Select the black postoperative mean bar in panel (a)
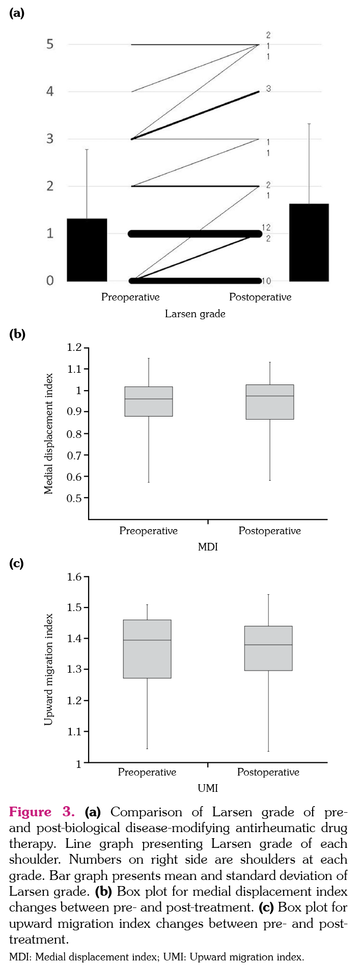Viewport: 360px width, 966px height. click(309, 242)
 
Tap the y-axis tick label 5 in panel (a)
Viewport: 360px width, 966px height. click(50, 44)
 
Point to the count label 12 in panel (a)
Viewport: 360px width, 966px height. click(266, 228)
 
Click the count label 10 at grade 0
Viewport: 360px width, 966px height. click(266, 281)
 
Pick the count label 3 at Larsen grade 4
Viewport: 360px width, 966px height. click(268, 89)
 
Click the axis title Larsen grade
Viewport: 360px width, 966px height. click(195, 314)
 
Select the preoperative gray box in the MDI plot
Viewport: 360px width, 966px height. click(149, 401)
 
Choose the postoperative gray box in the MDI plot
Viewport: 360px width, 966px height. click(270, 402)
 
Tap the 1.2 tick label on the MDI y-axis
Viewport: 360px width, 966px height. click(74, 347)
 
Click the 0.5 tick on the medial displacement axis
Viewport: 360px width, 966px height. click(74, 498)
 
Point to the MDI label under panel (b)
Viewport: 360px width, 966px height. click(208, 547)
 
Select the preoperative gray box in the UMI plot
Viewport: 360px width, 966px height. click(147, 649)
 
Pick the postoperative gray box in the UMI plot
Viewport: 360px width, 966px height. click(268, 648)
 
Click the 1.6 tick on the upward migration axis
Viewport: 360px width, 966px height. click(74, 577)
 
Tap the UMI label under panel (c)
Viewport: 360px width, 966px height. click(208, 788)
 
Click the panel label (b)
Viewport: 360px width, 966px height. click(17, 334)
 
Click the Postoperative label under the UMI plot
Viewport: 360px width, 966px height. click(268, 772)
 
